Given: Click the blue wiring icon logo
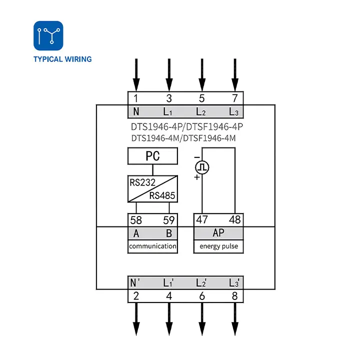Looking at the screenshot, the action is point(48,35).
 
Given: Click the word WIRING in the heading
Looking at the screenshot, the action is point(78,59).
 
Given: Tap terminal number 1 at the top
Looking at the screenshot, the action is point(136,98).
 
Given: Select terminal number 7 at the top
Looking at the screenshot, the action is point(234,98).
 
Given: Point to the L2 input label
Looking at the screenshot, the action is point(201,112).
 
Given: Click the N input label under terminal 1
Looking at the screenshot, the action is point(136,112).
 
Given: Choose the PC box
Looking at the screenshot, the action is point(152,156).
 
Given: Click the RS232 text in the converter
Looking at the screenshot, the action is point(142,182).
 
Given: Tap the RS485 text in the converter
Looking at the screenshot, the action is point(162,195).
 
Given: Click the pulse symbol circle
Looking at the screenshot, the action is point(202,167).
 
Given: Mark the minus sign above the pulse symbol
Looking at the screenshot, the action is point(197,157).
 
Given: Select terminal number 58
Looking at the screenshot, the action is point(136,220).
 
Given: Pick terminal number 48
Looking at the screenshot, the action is point(234,219).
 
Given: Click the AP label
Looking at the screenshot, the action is point(218,233).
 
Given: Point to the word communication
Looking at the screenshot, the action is point(152,246).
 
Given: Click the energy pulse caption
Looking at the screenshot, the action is point(218,246).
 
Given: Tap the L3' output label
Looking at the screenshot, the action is point(234,282).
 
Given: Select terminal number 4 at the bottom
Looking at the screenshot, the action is point(169,296).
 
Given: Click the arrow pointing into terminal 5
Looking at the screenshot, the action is point(202,75).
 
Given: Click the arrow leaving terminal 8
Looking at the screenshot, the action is point(235,319).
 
